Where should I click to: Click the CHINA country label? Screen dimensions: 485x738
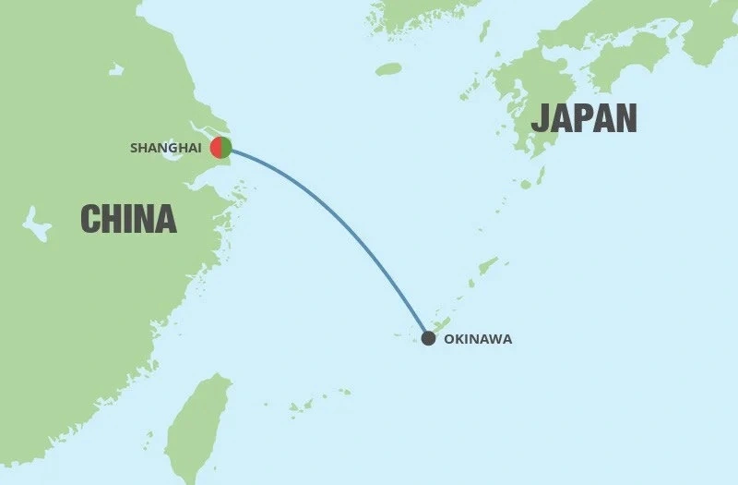coord(128,218)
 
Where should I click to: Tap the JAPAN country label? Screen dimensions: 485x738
coord(584,118)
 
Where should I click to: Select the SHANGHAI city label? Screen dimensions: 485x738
coord(166,148)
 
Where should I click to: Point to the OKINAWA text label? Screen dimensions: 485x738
coord(478,339)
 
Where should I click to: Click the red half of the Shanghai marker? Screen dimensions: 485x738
coord(215,147)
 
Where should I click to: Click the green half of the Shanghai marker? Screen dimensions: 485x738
coord(227,147)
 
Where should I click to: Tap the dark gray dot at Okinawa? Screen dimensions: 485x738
coord(428,338)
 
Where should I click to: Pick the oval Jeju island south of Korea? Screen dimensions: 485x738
coord(388,69)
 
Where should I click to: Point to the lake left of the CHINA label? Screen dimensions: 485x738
coord(36,224)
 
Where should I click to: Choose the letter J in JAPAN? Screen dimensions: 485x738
coord(540,118)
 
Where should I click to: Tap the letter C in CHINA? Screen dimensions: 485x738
coord(89,218)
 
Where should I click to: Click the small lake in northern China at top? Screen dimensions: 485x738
coord(115,69)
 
